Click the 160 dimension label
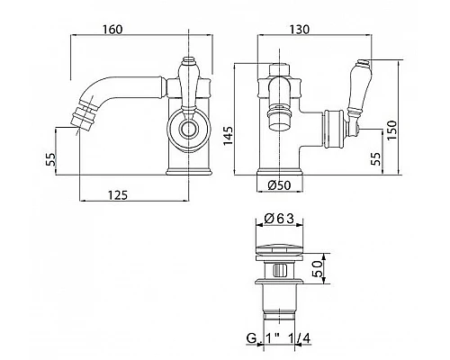coord(112,30)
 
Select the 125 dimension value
coord(118,195)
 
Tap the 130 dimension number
coord(299,30)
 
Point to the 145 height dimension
coord(229,136)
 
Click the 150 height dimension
coord(391,130)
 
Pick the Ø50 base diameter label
coord(279,185)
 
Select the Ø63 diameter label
coord(279,219)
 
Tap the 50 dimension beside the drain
coord(317,268)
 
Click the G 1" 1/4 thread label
coord(278,338)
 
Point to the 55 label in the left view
coord(51,159)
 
